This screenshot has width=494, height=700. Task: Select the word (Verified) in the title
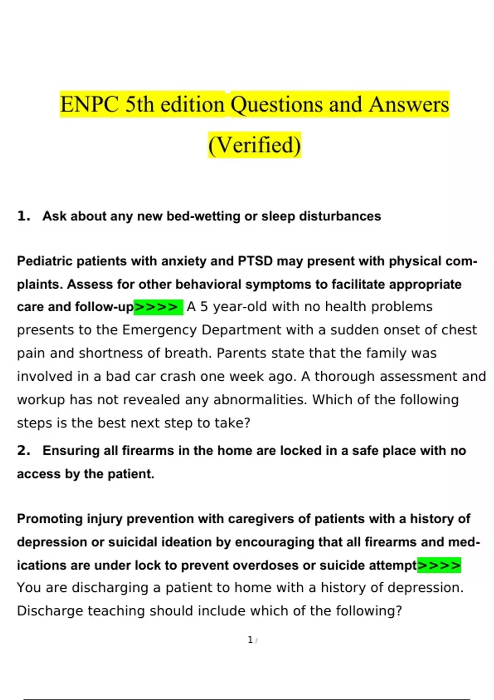tap(254, 145)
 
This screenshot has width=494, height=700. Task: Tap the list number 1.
tap(23, 216)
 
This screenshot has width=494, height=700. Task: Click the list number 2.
tap(23, 450)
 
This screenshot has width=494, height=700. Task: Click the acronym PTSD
tap(255, 261)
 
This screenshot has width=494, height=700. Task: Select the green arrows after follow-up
tap(158, 307)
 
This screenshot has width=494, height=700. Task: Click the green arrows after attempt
tap(439, 565)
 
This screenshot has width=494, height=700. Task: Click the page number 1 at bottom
tap(250, 640)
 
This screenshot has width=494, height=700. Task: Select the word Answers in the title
tap(408, 105)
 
